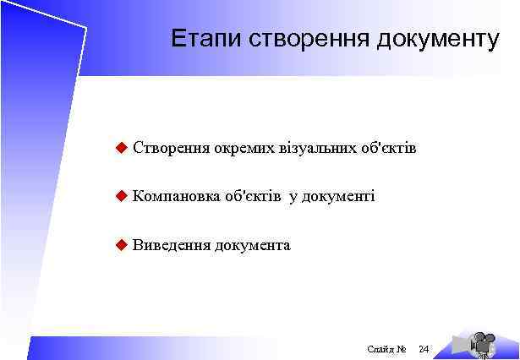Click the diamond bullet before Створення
121,149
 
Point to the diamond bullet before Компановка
121,196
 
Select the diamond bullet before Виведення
121,245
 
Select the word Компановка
175,197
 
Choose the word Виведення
172,245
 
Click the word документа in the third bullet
253,246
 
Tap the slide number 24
424,348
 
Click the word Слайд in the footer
379,348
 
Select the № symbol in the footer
402,348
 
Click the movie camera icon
482,342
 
